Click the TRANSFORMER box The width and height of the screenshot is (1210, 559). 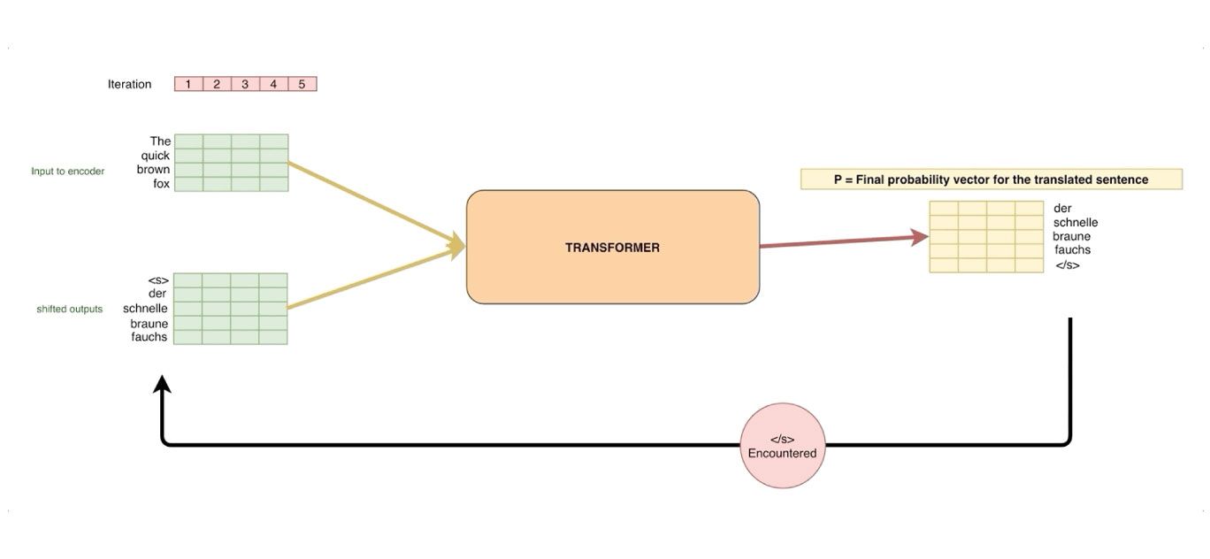pos(612,248)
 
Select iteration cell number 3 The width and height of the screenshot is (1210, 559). pos(245,84)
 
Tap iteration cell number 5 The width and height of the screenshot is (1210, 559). pos(302,84)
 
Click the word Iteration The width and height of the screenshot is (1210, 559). pos(129,84)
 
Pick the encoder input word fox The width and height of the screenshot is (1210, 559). pos(161,184)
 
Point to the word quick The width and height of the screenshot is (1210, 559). pos(156,156)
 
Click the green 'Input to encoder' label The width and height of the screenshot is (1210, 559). pos(67,171)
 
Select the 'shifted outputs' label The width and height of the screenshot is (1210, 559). pos(69,309)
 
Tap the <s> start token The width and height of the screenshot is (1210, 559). pos(158,280)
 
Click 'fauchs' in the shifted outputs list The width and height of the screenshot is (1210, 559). pos(149,337)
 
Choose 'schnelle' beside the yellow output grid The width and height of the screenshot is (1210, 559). pos(1076,223)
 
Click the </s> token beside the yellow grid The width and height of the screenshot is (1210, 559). pos(1068,265)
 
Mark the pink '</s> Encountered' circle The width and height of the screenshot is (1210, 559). pos(782,446)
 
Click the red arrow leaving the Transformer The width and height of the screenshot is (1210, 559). pos(840,241)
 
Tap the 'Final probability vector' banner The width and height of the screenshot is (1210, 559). pos(991,180)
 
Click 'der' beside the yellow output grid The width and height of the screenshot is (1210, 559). pos(1063,209)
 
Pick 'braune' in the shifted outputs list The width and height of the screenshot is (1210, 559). pos(149,323)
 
